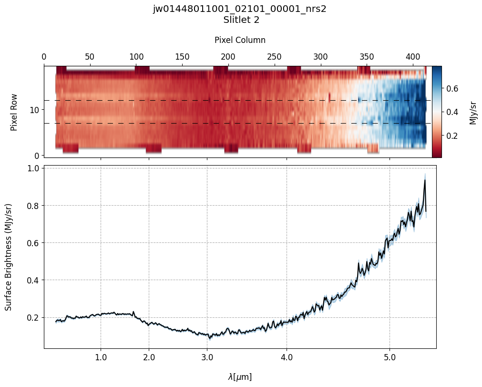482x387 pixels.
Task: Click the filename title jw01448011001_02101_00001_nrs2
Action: [x=239, y=9]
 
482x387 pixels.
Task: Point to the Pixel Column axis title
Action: [x=240, y=40]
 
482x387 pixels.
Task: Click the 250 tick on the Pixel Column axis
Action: [x=274, y=57]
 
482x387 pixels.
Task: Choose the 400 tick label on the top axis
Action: [x=412, y=57]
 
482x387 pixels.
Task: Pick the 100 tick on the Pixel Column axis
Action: [x=136, y=57]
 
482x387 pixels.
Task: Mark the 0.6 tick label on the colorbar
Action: [x=452, y=89]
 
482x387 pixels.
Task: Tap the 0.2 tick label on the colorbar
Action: [x=452, y=136]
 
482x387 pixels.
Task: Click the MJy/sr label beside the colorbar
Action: [x=473, y=112]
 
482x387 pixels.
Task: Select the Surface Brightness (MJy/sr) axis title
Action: [x=9, y=257]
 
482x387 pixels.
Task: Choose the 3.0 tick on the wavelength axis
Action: [x=207, y=357]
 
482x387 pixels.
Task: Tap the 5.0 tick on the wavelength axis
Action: [x=390, y=357]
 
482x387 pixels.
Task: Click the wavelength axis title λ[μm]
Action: [x=240, y=377]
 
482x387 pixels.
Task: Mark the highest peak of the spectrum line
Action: [x=424, y=180]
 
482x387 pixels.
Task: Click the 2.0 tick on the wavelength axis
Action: [x=149, y=357]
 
